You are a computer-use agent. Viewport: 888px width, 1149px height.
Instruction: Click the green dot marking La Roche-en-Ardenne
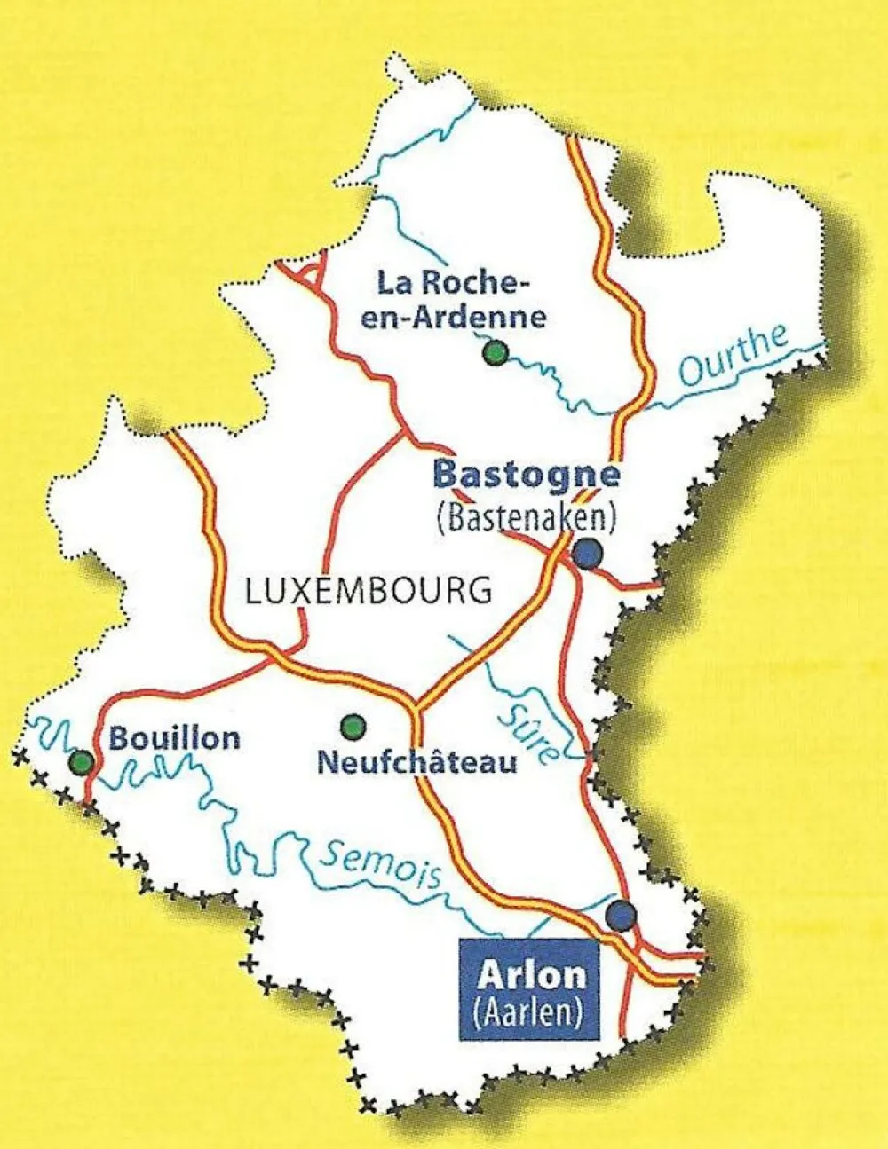(x=495, y=354)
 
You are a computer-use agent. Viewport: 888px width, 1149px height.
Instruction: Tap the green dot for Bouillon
(x=82, y=762)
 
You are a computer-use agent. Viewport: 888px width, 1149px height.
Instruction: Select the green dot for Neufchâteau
(x=353, y=727)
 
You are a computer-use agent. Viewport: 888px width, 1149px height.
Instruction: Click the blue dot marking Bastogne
(x=587, y=554)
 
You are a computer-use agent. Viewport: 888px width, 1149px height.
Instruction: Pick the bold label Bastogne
(x=526, y=474)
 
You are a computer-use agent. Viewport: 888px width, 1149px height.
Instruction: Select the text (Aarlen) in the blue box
(x=529, y=1012)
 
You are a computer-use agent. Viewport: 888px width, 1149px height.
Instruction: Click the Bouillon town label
(x=174, y=738)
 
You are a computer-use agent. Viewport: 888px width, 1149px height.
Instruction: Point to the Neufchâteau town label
(x=416, y=762)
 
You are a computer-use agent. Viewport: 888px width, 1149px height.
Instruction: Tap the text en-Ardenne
(x=453, y=317)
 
